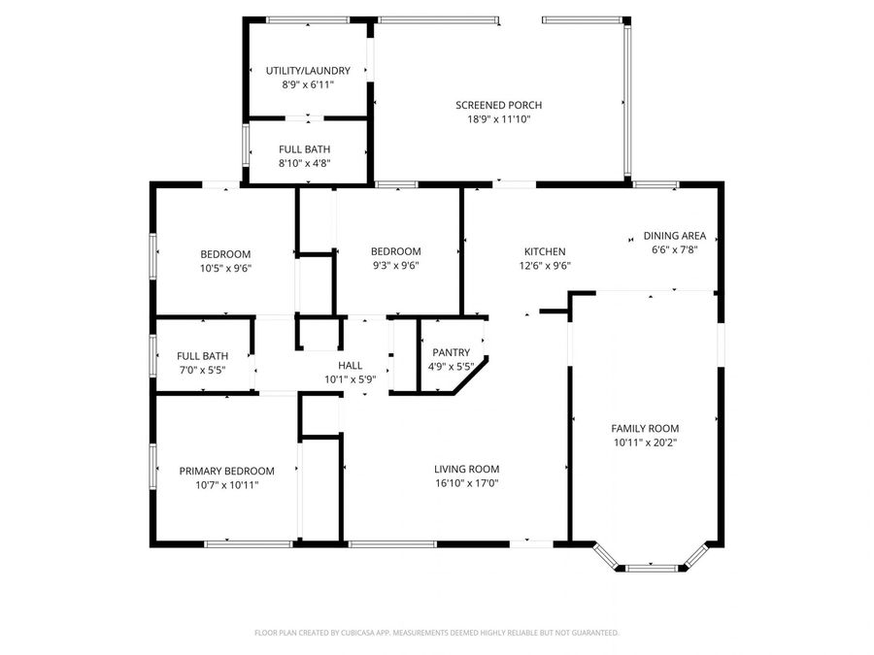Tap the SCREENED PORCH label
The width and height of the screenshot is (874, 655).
tap(498, 105)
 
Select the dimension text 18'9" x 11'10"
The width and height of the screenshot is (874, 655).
tap(498, 119)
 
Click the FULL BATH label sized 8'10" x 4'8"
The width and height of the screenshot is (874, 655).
tap(304, 149)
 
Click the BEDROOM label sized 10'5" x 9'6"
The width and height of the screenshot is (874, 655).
tap(225, 253)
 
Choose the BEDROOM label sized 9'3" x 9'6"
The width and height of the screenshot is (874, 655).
tap(395, 250)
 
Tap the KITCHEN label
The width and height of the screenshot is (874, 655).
tap(544, 251)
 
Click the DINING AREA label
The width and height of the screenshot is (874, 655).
tap(674, 236)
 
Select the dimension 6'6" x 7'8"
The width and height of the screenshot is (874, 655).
tap(674, 249)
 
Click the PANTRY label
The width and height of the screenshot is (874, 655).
tap(451, 352)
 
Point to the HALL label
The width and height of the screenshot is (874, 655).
tap(350, 365)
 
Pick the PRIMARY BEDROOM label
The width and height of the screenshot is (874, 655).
tap(226, 471)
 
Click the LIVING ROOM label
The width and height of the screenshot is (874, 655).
tap(466, 469)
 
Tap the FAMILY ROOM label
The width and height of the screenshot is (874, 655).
tap(644, 428)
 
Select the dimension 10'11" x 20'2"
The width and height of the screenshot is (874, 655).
tap(644, 442)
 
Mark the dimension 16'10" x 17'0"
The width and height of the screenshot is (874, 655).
tap(466, 483)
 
